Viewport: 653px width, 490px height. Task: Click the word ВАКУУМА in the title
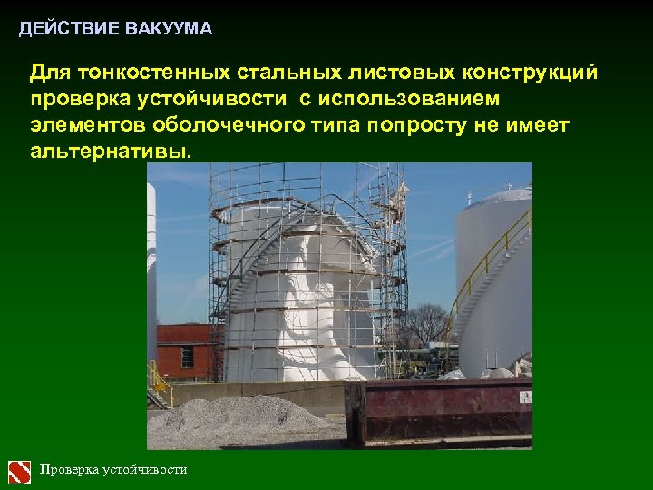pos(171,29)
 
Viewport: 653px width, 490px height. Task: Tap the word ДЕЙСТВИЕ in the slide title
pos(69,29)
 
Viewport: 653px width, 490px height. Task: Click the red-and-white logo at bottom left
pos(19,471)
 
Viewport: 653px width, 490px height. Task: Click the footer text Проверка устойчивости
pos(113,470)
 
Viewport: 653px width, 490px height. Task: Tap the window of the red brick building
pos(187,356)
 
